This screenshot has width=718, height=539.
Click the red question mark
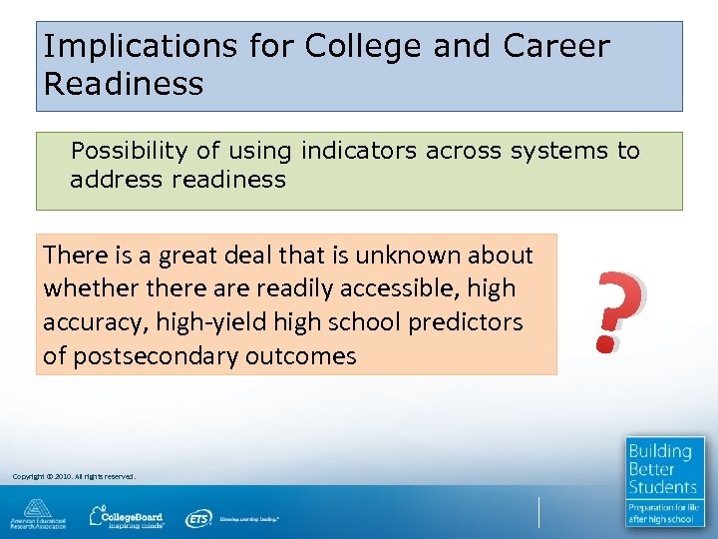[617, 313]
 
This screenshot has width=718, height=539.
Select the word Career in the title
[555, 46]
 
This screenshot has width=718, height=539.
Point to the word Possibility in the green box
[131, 151]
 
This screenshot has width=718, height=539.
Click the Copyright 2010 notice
[73, 476]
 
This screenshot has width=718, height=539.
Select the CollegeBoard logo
[129, 516]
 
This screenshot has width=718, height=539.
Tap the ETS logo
[198, 518]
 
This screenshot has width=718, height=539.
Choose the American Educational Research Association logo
[38, 514]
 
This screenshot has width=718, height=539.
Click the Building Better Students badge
[665, 481]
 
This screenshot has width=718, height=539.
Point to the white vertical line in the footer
[539, 512]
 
